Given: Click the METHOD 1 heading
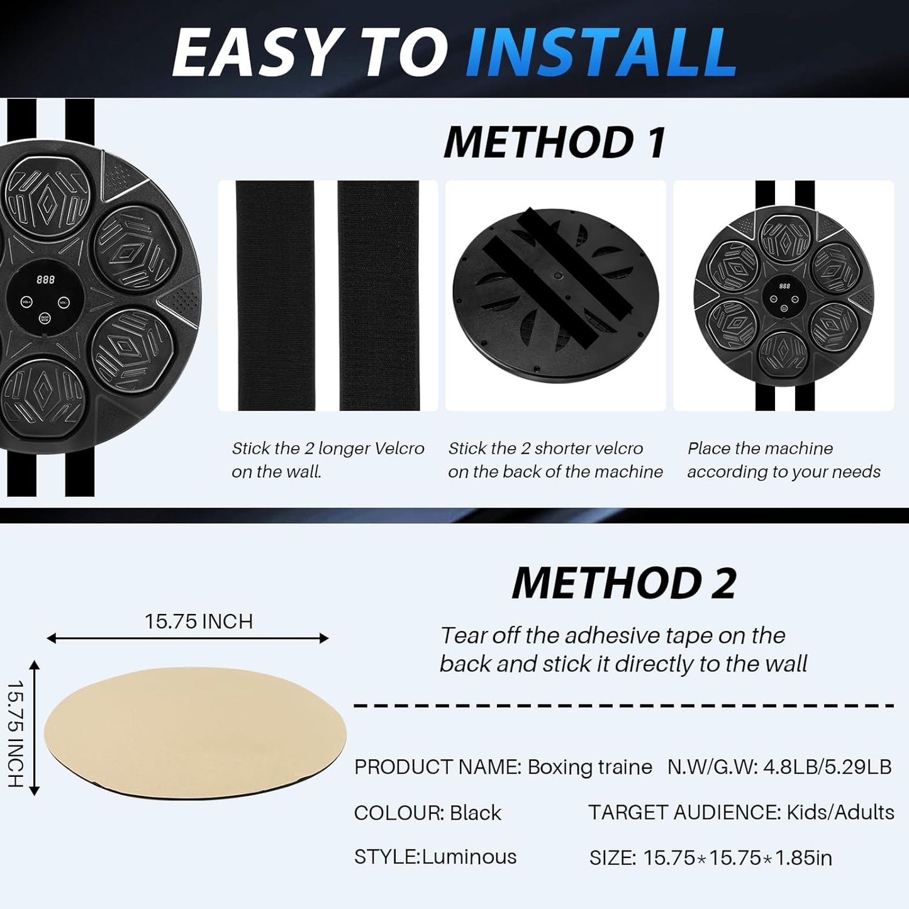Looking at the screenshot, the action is (555, 142).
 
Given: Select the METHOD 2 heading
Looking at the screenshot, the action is (624, 583).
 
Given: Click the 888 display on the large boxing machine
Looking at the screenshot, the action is (46, 280).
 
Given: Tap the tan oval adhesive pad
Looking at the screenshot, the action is (195, 733).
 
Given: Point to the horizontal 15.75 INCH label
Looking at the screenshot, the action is (199, 622).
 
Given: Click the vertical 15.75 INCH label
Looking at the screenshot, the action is (16, 733).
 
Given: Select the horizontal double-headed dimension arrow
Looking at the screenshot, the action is (187, 639).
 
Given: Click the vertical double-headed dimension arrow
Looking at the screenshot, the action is (35, 728).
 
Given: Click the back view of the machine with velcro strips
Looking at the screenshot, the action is (555, 295).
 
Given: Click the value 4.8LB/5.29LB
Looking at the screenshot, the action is (827, 767).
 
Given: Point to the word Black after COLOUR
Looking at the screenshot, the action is (476, 813).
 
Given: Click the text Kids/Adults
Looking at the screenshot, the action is (840, 812).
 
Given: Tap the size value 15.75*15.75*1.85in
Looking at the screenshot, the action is (738, 858).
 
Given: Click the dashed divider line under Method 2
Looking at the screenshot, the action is (623, 706).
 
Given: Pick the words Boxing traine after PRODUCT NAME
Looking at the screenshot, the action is (589, 767).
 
